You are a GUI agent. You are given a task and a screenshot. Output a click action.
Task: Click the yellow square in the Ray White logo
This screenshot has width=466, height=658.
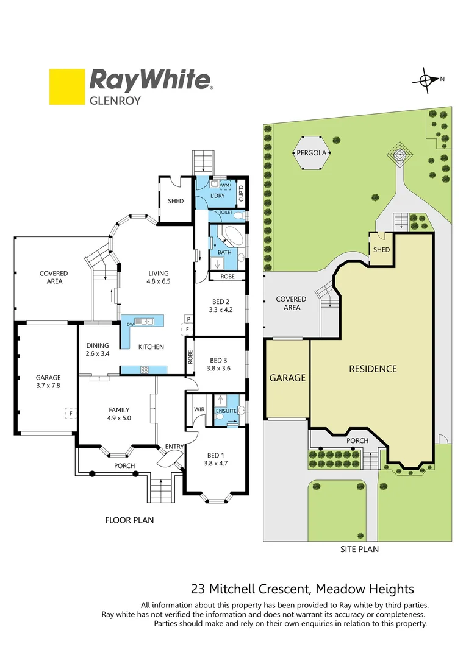pyautogui.click(x=67, y=87)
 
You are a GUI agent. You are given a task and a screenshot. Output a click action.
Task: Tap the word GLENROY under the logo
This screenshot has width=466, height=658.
pyautogui.click(x=115, y=101)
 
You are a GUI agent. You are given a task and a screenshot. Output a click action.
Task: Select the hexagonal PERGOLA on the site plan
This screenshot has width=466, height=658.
pyautogui.click(x=312, y=154)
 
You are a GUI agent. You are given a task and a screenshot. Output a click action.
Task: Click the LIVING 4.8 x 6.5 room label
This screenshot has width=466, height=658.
pyautogui.click(x=159, y=277)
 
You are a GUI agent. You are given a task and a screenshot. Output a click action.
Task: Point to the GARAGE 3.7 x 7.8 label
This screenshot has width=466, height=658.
pyautogui.click(x=48, y=381)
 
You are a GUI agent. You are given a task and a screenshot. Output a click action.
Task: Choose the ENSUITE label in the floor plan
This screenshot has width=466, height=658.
pyautogui.click(x=226, y=411)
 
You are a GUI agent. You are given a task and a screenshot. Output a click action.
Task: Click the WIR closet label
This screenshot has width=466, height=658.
pyautogui.click(x=198, y=409)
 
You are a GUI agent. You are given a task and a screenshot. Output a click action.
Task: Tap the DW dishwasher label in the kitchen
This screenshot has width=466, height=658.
pyautogui.click(x=130, y=325)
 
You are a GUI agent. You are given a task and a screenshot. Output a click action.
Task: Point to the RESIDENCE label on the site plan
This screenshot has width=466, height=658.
pyautogui.click(x=373, y=369)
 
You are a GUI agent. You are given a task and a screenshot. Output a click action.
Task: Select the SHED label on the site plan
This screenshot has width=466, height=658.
pyautogui.click(x=382, y=250)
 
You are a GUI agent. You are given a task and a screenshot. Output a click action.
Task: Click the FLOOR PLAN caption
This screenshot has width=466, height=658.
pyautogui.click(x=129, y=520)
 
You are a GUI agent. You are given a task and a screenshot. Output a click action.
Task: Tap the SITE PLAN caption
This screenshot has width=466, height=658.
pyautogui.click(x=359, y=549)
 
